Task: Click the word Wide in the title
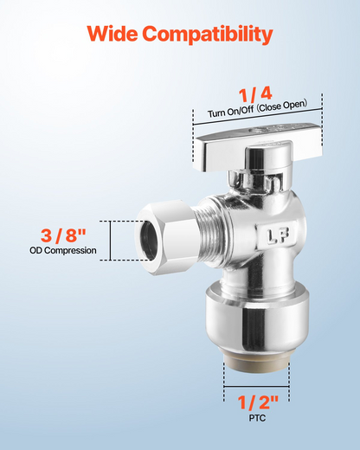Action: [x=112, y=33]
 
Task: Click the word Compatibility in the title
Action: [x=208, y=35]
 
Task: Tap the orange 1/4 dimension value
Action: [x=255, y=94]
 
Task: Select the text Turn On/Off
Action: [x=231, y=112]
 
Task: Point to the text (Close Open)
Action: [x=282, y=106]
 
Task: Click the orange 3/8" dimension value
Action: [x=63, y=235]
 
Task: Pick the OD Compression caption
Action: [x=63, y=250]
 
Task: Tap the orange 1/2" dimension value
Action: [x=258, y=402]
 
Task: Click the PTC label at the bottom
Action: [x=257, y=418]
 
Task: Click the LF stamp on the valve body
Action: [x=278, y=235]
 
